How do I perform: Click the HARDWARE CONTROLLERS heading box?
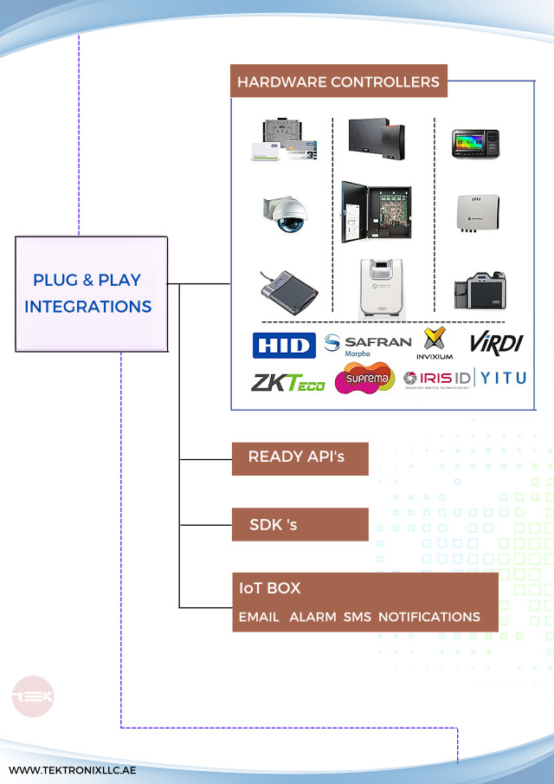coord(338,82)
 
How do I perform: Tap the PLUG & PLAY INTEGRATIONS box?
coord(92,294)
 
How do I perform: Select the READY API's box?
coord(300,457)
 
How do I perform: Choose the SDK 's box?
coord(300,524)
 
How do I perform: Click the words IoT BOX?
coord(270,588)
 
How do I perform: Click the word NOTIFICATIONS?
coord(428,617)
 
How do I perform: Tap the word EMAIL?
coord(259,617)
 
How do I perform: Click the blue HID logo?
coord(283,345)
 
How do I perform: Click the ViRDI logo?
coord(496,342)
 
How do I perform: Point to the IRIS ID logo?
coord(436,379)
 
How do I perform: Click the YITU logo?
coord(503,378)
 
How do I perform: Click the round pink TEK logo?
coord(33,697)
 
